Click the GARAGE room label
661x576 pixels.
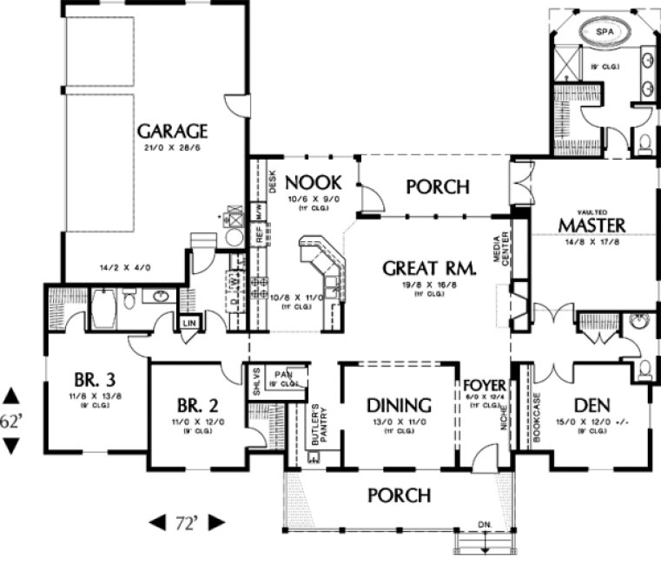(x=172, y=132)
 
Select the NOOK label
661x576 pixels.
(x=313, y=182)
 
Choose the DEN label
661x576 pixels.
(x=593, y=405)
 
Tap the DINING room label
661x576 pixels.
(x=399, y=405)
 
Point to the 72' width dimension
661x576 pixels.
(x=187, y=523)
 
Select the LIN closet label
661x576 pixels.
(x=189, y=324)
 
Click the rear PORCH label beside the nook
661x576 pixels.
(x=438, y=187)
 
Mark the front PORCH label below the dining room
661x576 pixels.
(x=399, y=495)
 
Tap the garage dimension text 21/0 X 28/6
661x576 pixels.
(x=172, y=148)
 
